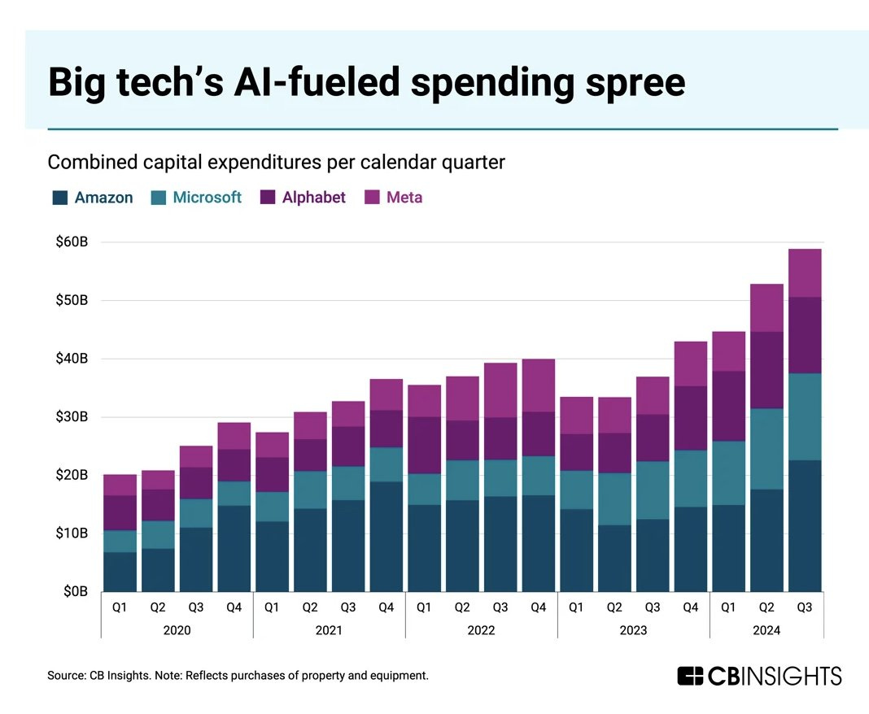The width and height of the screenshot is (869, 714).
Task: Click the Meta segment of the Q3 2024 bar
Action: tap(804, 272)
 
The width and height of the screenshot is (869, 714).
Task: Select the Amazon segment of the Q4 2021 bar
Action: tap(386, 536)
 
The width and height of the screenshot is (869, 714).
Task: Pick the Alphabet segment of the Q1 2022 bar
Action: tap(424, 445)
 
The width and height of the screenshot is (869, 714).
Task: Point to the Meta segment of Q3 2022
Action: tap(500, 390)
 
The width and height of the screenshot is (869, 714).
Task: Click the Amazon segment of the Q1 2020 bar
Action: tap(120, 572)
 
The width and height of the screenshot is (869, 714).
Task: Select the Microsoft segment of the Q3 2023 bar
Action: tap(652, 490)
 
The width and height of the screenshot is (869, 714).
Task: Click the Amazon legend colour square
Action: tap(59, 198)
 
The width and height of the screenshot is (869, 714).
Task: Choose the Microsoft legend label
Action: tap(207, 198)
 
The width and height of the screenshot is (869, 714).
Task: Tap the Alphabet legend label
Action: tap(313, 198)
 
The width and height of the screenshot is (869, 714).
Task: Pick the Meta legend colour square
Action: tap(371, 198)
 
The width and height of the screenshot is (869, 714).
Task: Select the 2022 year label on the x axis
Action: tap(481, 630)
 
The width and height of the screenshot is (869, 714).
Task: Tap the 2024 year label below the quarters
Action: tap(766, 630)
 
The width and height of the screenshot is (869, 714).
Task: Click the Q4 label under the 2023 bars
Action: tap(690, 607)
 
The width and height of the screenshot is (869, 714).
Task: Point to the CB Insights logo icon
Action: tap(690, 676)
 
